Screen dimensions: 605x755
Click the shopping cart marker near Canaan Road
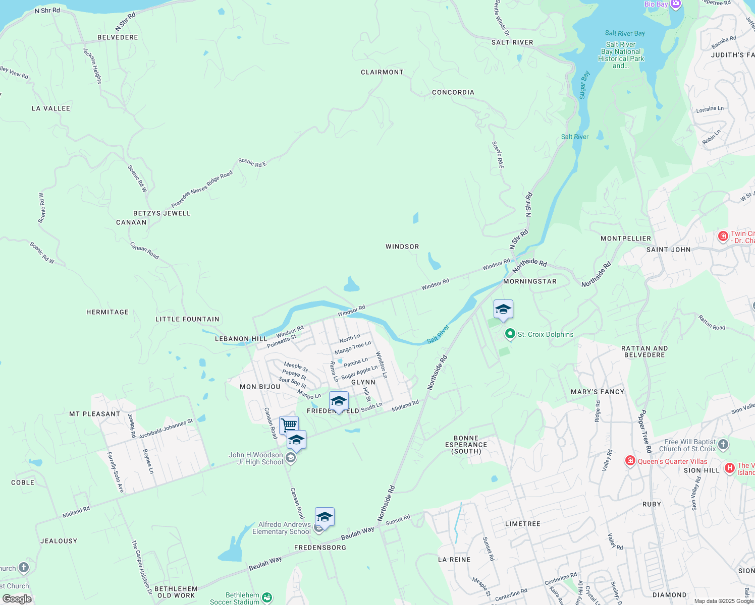[289, 425]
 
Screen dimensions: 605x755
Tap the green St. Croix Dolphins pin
[510, 334]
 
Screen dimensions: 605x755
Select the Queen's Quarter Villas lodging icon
[630, 461]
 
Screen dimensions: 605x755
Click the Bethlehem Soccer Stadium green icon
[267, 597]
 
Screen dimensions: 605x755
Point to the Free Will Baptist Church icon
[723, 445]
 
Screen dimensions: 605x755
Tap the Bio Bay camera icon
[676, 4]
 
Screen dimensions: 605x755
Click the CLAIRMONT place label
[382, 72]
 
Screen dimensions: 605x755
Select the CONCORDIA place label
[453, 92]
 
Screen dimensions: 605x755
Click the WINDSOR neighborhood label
[402, 247]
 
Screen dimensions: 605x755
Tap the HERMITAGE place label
[107, 312]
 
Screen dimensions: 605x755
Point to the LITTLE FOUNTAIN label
[187, 319]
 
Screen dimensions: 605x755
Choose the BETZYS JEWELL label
[162, 213]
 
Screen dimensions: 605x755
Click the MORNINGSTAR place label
[530, 281]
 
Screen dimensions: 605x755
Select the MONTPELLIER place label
[626, 238]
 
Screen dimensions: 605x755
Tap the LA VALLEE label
[51, 108]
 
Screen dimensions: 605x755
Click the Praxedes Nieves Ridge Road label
[202, 189]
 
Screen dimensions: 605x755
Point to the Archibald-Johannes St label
[166, 429]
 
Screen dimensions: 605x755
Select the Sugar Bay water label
[584, 85]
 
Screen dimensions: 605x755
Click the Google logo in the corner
[17, 599]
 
